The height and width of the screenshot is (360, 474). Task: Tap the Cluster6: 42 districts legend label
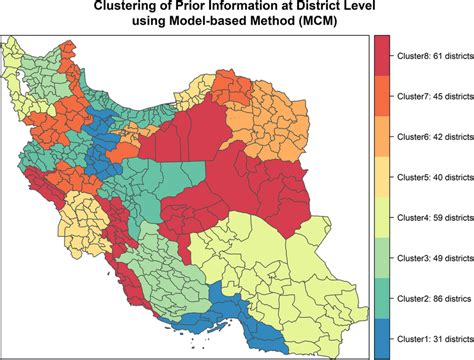click(431, 137)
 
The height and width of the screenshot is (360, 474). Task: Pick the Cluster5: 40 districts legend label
click(431, 177)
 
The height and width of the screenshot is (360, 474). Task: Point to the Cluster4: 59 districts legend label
click(431, 217)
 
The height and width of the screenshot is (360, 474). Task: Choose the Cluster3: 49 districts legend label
click(431, 258)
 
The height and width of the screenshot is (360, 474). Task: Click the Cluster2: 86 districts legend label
click(431, 298)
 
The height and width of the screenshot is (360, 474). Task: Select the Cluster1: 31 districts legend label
click(431, 338)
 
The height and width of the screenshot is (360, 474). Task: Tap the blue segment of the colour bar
click(381, 337)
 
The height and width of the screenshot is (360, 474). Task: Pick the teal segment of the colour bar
click(381, 297)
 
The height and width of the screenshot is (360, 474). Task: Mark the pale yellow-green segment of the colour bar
click(381, 217)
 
